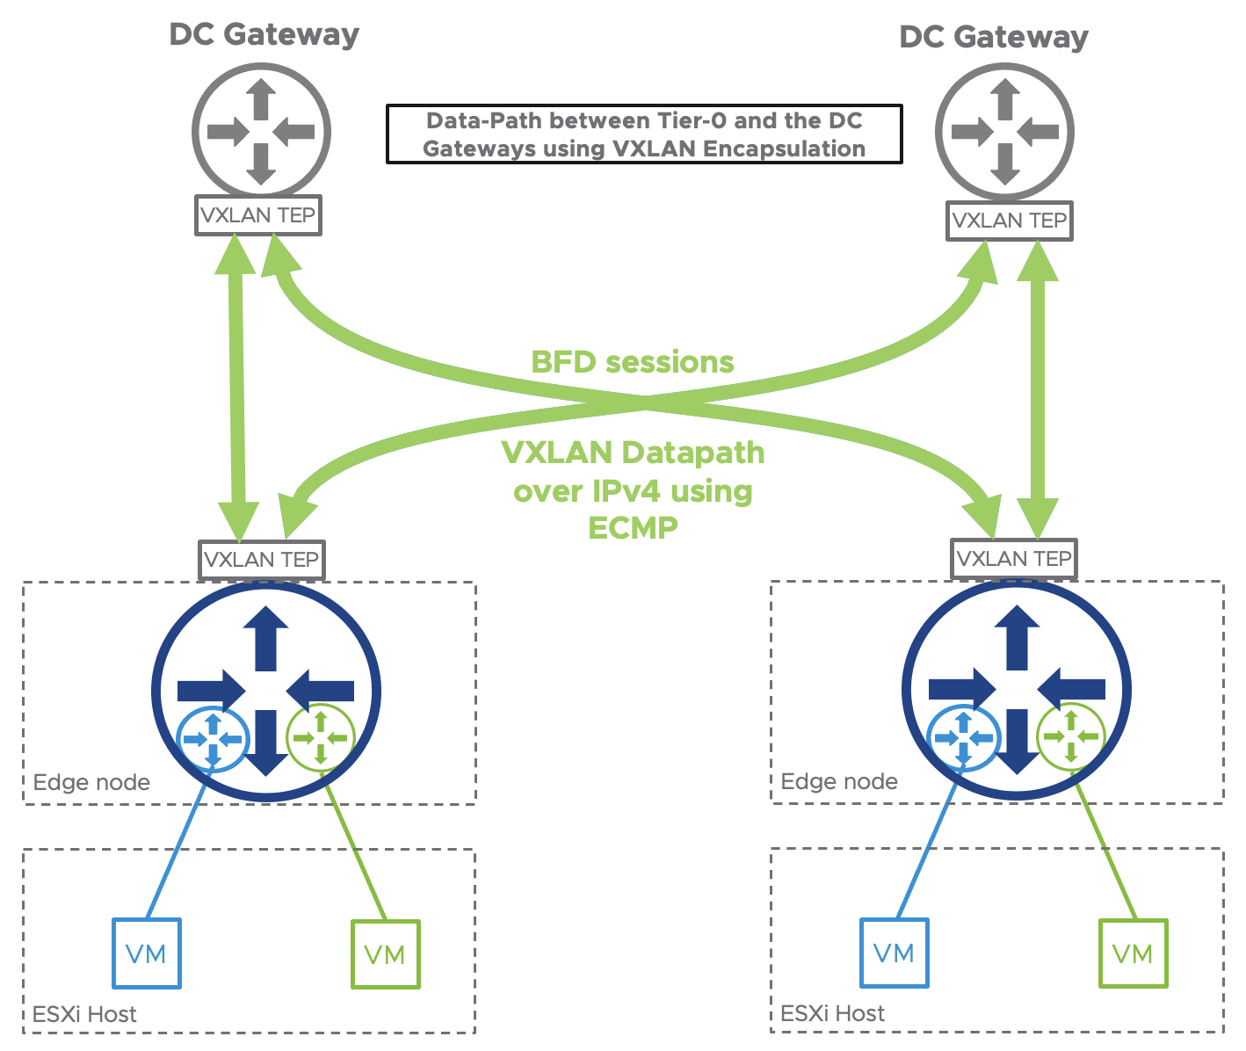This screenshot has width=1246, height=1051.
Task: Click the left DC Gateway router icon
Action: point(261,132)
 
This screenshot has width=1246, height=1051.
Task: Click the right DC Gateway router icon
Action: point(1004,132)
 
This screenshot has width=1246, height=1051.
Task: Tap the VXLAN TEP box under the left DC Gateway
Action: point(258,215)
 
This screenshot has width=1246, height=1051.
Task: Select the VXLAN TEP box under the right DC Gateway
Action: point(1010,221)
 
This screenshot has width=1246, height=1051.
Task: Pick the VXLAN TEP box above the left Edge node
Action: point(262,560)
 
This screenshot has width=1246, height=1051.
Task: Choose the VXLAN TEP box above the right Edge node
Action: point(1014,559)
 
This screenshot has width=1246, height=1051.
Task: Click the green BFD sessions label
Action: point(633,362)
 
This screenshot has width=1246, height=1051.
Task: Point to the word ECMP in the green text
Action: point(633,528)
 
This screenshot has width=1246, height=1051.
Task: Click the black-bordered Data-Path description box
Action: point(644,134)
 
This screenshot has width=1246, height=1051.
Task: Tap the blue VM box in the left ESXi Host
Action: point(147,953)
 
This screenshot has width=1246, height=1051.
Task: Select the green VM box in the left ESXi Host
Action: point(385,954)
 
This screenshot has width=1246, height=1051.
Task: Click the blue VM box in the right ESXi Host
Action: point(895,953)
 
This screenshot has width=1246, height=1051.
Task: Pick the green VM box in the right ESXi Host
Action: point(1133,953)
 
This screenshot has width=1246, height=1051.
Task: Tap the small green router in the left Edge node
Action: point(321,738)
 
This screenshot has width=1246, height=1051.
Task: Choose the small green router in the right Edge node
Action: point(1071,736)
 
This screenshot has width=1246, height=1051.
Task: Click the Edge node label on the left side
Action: point(91,782)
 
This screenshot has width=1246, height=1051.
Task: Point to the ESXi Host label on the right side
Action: point(832,1013)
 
